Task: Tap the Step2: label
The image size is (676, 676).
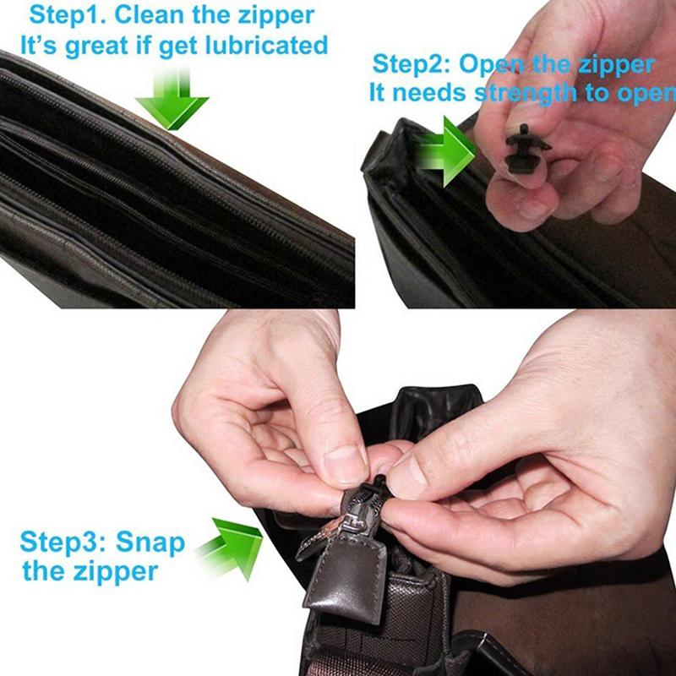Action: coord(413,64)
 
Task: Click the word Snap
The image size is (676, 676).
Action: coord(150,541)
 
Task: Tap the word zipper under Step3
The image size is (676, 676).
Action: coord(113,571)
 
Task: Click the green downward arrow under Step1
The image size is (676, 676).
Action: coord(172,100)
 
